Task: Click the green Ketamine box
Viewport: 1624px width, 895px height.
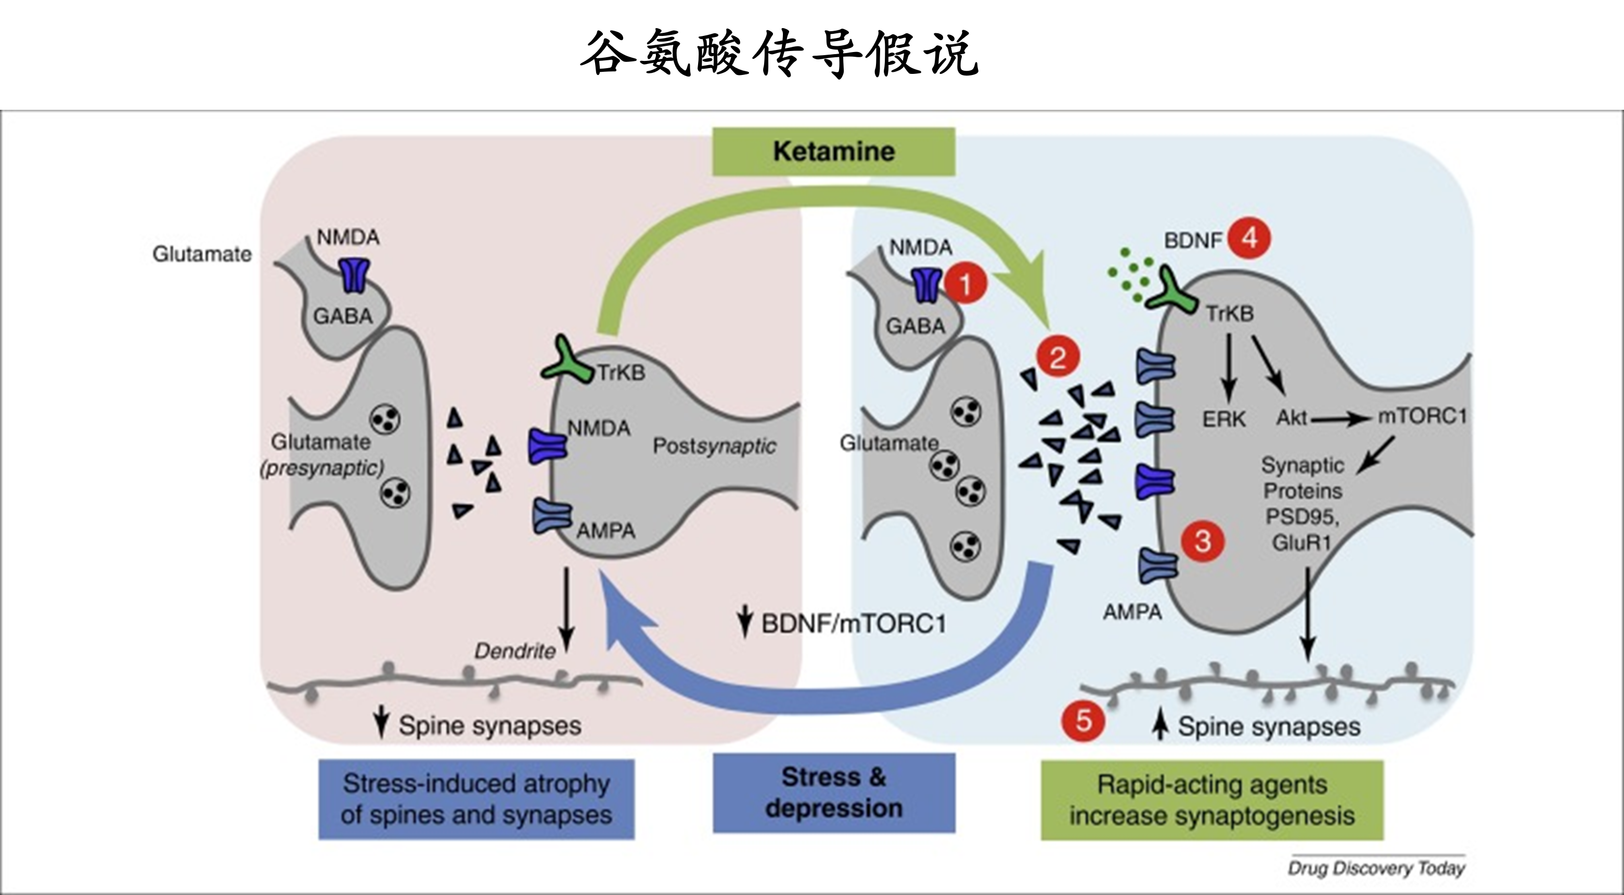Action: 833,151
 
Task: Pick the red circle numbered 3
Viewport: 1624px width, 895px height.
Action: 1202,541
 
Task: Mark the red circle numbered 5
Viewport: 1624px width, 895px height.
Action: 1083,720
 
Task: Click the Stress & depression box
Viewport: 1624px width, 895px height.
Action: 833,793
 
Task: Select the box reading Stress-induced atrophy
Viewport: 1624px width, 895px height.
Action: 476,799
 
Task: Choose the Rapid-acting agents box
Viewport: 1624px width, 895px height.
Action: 1211,800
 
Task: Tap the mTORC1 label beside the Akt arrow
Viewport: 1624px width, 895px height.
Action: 1422,417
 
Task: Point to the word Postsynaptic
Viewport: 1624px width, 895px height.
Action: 714,446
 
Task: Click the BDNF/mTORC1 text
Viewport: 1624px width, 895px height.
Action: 854,624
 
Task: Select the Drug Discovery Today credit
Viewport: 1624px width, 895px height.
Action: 1375,868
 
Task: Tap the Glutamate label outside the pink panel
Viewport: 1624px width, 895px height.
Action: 202,254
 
